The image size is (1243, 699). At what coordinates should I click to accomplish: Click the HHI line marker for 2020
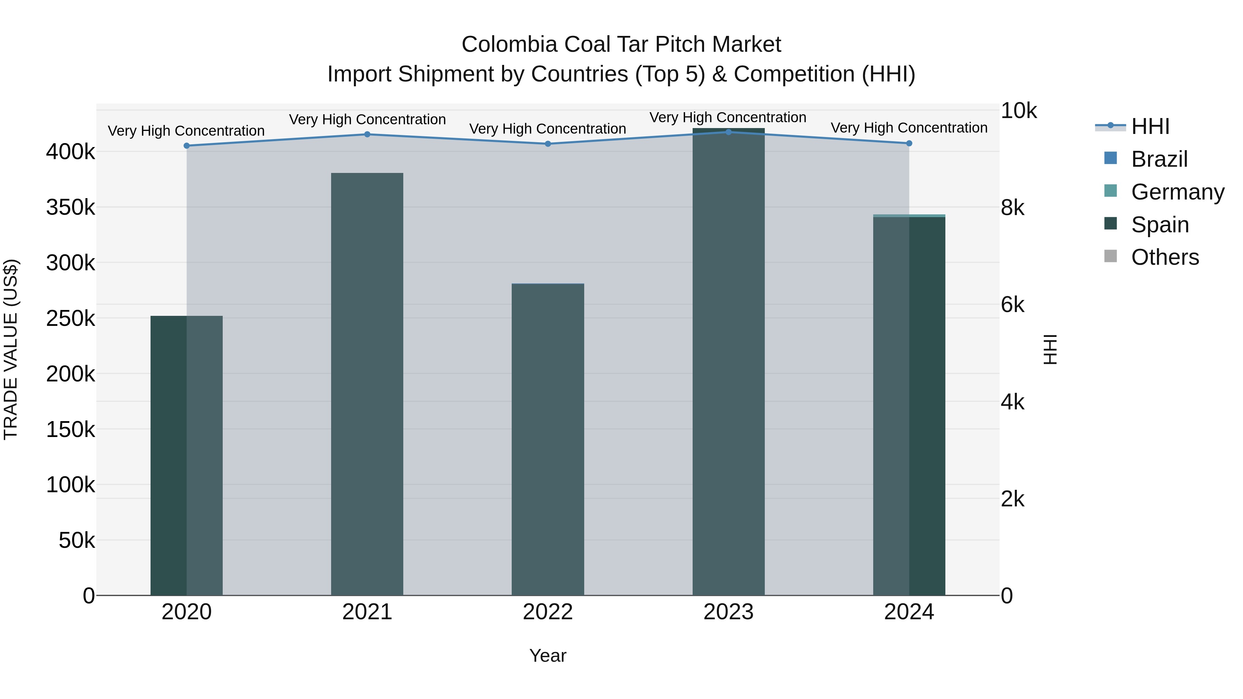pyautogui.click(x=187, y=146)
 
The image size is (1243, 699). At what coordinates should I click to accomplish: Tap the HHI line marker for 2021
pyautogui.click(x=367, y=135)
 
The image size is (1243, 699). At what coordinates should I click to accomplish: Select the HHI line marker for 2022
pyautogui.click(x=548, y=144)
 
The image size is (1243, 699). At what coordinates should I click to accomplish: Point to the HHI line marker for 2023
pyautogui.click(x=729, y=132)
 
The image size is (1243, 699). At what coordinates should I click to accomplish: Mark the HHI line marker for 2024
pyautogui.click(x=909, y=143)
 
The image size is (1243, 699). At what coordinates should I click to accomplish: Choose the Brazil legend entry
pyautogui.click(x=1159, y=159)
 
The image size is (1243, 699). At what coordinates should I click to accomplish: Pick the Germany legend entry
pyautogui.click(x=1177, y=192)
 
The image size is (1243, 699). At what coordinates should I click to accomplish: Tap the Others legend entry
pyautogui.click(x=1165, y=258)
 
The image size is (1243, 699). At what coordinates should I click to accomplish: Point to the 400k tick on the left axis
pyautogui.click(x=70, y=152)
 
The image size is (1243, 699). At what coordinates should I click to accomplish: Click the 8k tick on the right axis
pyautogui.click(x=1012, y=208)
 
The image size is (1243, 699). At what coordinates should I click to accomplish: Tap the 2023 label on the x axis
pyautogui.click(x=729, y=612)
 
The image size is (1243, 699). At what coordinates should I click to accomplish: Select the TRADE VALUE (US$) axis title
pyautogui.click(x=11, y=349)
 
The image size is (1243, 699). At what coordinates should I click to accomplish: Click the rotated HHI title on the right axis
pyautogui.click(x=1050, y=349)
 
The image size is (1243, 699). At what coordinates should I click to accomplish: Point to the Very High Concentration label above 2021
pyautogui.click(x=367, y=119)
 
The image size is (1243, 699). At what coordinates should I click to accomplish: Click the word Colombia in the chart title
pyautogui.click(x=509, y=45)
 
